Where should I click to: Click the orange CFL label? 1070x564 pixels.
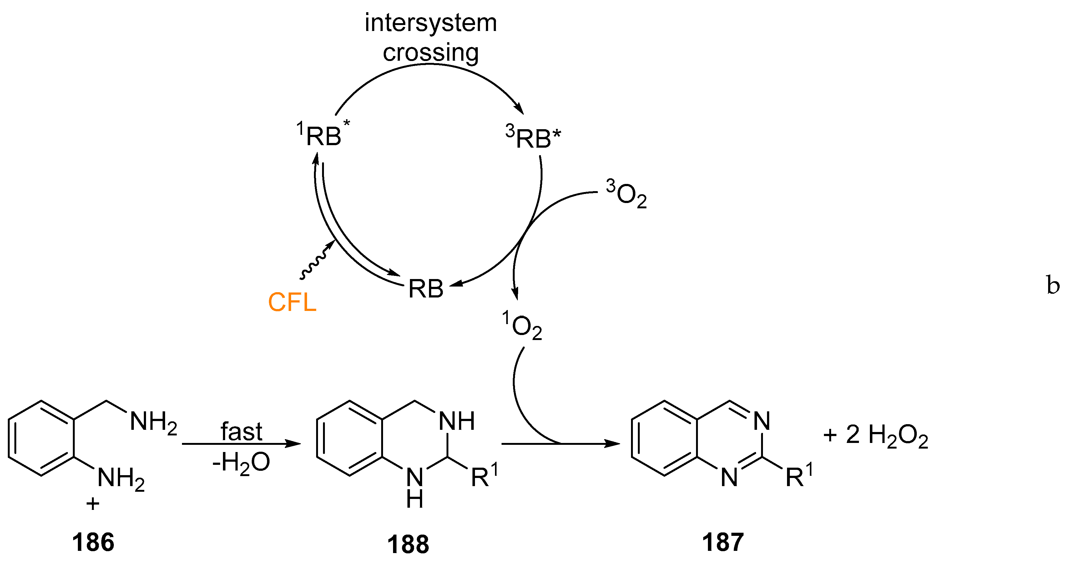pos(292,302)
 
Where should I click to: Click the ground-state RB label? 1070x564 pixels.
pos(426,288)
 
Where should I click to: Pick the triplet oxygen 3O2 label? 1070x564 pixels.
pos(626,194)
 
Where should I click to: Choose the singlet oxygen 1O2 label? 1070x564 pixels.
pos(522,326)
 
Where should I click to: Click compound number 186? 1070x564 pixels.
pos(93,542)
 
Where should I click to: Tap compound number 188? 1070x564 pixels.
pos(408,545)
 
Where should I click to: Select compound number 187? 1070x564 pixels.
pos(723,542)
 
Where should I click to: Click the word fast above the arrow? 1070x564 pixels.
pos(241,431)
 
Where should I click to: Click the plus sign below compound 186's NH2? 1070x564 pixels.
pos(93,504)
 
